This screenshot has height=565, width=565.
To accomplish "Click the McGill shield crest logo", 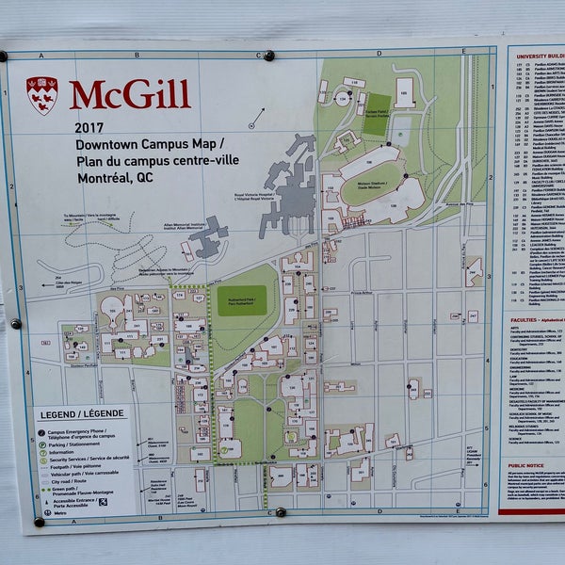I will pyautogui.click(x=41, y=93).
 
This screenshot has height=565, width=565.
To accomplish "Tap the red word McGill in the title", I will pyautogui.click(x=129, y=95).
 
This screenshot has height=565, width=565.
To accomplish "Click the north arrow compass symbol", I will pyautogui.click(x=256, y=118).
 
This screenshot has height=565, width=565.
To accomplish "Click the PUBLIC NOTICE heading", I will pyautogui.click(x=527, y=465).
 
